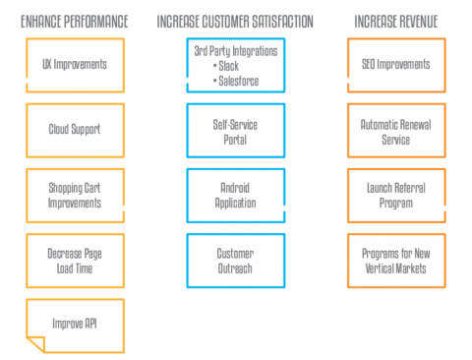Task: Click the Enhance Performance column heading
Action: click(x=75, y=20)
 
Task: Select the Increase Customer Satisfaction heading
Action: click(x=235, y=20)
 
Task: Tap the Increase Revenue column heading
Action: click(x=396, y=20)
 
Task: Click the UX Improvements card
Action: click(x=75, y=65)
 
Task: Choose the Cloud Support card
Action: click(x=75, y=129)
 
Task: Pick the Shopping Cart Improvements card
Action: click(x=75, y=195)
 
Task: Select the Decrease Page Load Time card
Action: click(x=75, y=260)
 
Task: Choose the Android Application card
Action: click(x=235, y=195)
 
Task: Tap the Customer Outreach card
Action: click(x=235, y=260)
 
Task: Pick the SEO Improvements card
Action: click(x=396, y=65)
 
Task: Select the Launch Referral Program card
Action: click(x=396, y=195)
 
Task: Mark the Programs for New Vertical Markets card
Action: click(x=396, y=260)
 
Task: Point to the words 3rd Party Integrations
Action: click(x=235, y=52)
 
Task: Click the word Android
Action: click(x=235, y=188)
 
